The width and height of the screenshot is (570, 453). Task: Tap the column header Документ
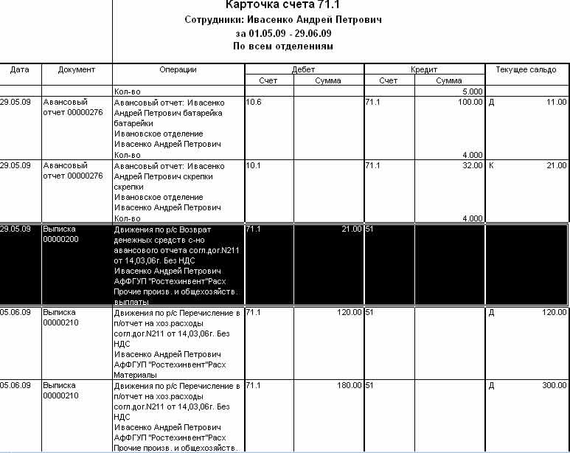coord(77,69)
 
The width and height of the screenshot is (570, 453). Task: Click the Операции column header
coord(178,69)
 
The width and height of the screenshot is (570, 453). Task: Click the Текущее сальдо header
coord(526,69)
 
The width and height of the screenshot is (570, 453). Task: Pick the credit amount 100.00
coord(470,102)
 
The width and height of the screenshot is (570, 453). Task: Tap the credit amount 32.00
coord(472,166)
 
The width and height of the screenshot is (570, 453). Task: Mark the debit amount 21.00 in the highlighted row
coord(351,229)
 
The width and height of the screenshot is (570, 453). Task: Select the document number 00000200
coord(60,240)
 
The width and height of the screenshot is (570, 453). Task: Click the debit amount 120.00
coord(348,313)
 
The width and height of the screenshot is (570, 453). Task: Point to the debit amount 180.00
coord(348,386)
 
